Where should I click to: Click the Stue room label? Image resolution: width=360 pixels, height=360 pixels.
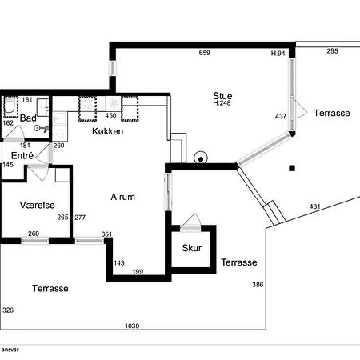pos(222,96)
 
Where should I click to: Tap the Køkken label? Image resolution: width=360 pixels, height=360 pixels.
pos(107,131)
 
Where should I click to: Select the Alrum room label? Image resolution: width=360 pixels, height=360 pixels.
pos(122,197)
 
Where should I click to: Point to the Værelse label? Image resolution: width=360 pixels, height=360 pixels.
pos(38,205)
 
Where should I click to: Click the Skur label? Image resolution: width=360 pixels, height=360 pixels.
pos(192,248)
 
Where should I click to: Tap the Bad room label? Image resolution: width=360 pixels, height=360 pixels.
pos(28,118)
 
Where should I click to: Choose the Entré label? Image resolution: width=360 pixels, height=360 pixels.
pos(22,155)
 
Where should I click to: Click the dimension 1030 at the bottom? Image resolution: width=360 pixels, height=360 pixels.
pos(132,326)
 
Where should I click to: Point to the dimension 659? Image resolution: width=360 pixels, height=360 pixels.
pos(205,53)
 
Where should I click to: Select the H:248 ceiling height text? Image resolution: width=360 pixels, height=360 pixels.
pos(222,103)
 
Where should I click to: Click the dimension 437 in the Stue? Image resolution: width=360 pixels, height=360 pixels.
pos(281,116)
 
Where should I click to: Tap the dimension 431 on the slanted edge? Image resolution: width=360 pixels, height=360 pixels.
pos(314,206)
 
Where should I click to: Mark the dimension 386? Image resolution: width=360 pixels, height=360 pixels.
pos(258,285)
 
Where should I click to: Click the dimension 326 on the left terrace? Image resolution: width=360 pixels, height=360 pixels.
pos(8,310)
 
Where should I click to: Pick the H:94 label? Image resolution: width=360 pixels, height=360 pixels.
pos(278,54)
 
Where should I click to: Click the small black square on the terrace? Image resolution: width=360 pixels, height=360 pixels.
pos(292,168)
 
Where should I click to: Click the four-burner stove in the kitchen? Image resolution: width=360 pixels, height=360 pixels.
pos(87,103)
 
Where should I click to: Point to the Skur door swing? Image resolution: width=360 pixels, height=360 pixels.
pos(190,221)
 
